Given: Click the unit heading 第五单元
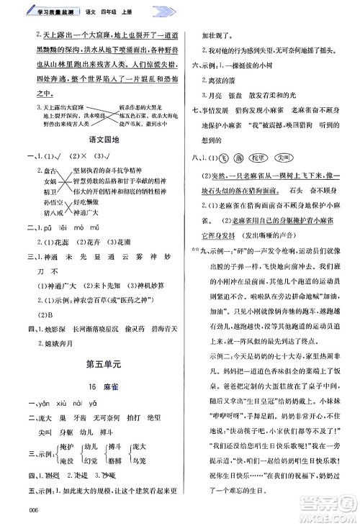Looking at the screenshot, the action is coord(102,362).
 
